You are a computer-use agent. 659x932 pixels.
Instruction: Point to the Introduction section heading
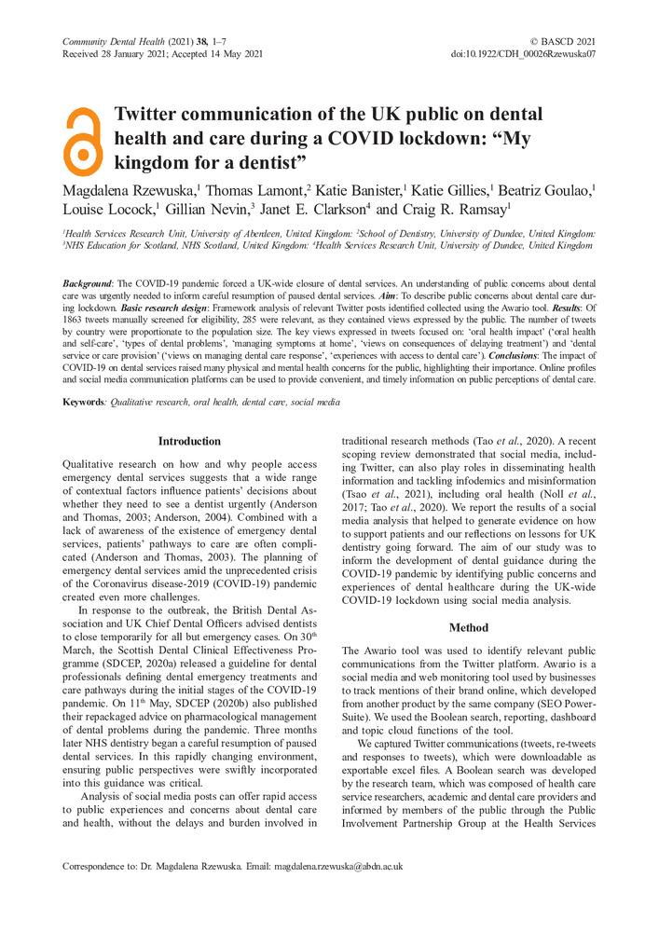tap(189, 441)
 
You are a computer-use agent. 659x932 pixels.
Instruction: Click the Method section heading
tap(468, 628)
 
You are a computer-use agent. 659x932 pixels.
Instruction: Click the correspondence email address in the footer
tap(337, 866)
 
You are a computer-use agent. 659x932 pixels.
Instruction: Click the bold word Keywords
tap(83, 402)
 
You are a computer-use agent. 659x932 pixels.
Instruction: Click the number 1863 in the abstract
tap(76, 318)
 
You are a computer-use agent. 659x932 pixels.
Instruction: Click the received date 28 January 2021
tap(136, 54)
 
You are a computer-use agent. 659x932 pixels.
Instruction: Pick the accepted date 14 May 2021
tap(231, 54)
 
